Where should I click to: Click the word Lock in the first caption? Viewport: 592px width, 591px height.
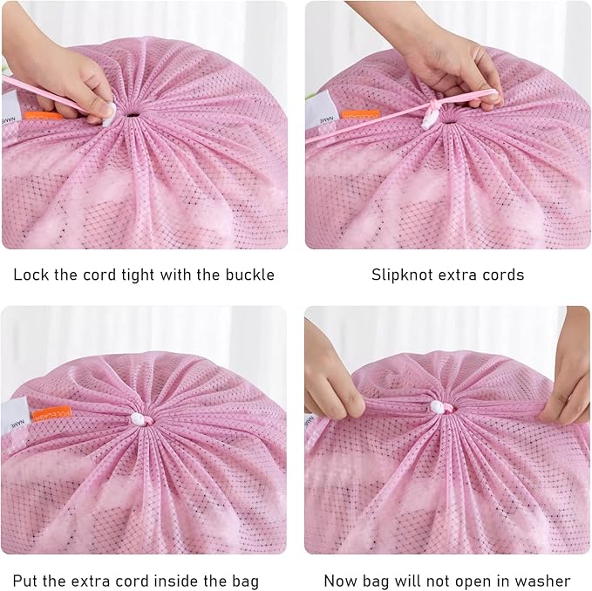tap(31, 275)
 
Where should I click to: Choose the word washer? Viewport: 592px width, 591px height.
tap(542, 580)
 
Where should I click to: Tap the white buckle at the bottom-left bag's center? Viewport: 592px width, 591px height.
tap(139, 420)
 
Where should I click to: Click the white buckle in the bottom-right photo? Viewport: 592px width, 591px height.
tap(438, 407)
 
